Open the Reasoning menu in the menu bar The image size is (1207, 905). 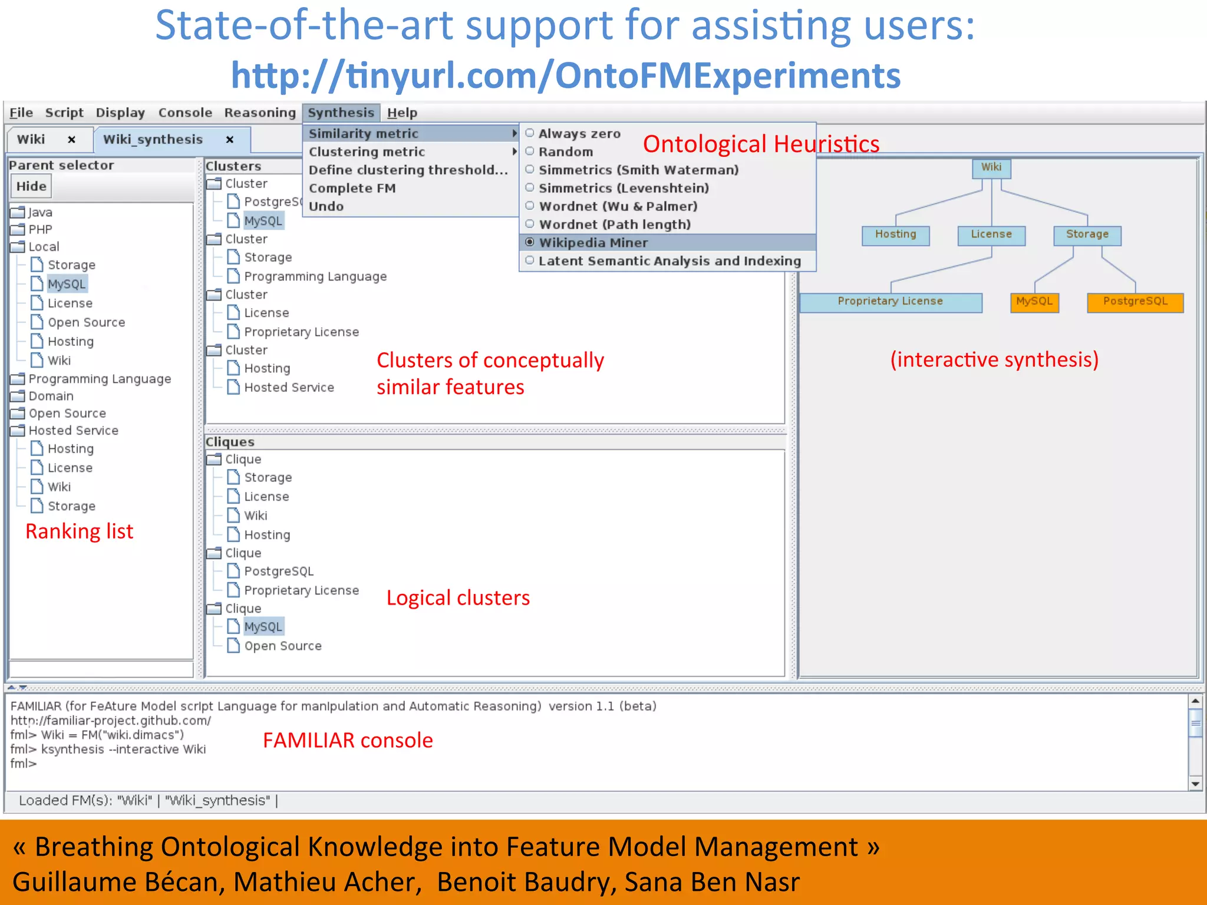[260, 113]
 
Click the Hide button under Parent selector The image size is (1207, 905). [31, 186]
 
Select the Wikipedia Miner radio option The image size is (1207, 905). [593, 243]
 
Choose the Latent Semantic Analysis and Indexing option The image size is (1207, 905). [669, 261]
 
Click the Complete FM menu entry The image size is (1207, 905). [352, 188]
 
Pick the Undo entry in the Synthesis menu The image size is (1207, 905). [326, 206]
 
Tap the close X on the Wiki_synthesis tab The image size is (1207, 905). [230, 140]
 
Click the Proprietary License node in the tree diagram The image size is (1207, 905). [890, 301]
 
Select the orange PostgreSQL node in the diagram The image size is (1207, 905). [1135, 301]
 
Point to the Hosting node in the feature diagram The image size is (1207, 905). [895, 234]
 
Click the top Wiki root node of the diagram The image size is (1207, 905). [991, 167]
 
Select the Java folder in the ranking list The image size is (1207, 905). [40, 212]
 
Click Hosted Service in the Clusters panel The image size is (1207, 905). [289, 388]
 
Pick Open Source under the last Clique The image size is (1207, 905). [283, 646]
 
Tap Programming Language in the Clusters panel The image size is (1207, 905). [315, 276]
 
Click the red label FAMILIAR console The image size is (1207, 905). [348, 740]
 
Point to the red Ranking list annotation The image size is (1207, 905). [80, 531]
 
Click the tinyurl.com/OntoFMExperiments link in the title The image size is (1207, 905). [566, 75]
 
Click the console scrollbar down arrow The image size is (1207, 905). [1195, 784]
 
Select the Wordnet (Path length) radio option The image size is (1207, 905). [614, 224]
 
